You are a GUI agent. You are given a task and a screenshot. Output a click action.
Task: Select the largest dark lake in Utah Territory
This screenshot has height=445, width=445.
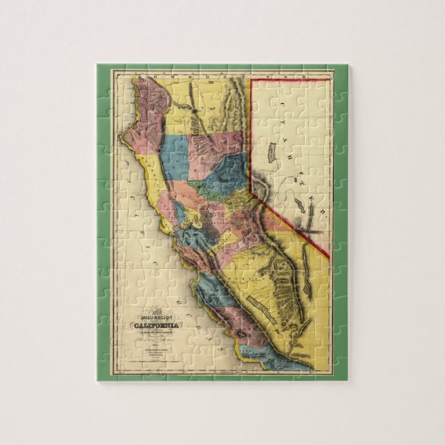[x=272, y=150]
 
